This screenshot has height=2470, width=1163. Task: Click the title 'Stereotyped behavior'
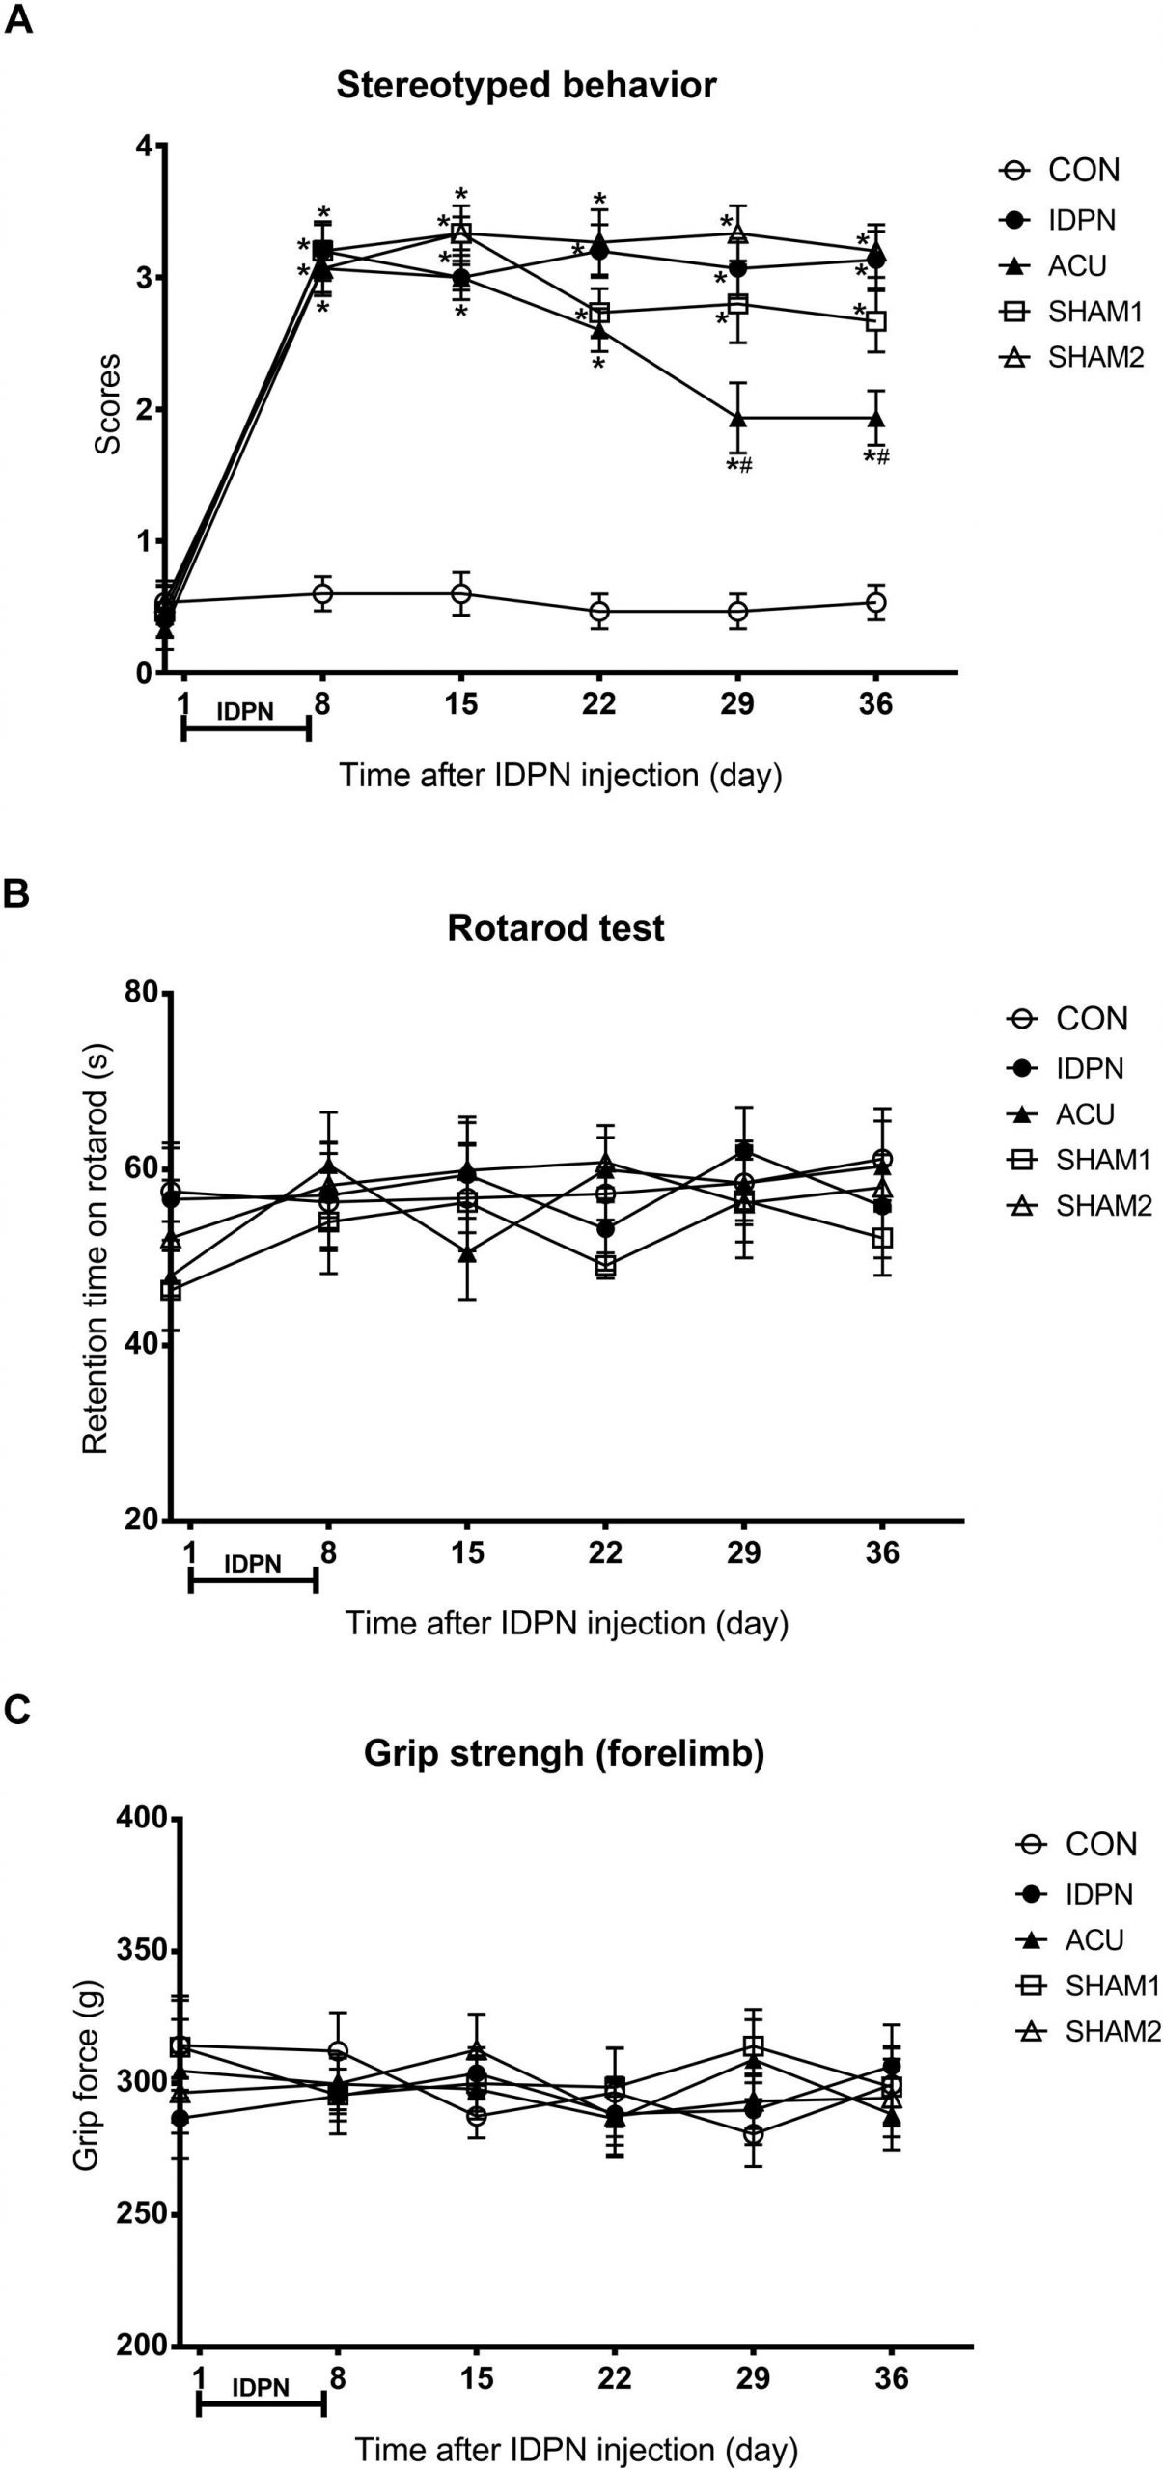[526, 86]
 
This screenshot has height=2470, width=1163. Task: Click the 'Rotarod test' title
[556, 928]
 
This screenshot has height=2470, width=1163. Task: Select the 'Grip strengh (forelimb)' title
[564, 1753]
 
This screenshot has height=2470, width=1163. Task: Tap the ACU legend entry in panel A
[1076, 265]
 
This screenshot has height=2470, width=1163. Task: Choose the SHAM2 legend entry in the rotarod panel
[1103, 1206]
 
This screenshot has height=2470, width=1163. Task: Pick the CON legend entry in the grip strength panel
[1100, 1845]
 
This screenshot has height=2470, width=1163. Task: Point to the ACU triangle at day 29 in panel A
[738, 419]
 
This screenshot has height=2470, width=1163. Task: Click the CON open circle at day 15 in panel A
[461, 593]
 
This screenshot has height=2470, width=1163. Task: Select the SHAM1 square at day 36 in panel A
[876, 320]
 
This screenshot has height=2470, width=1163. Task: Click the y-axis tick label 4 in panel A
[145, 147]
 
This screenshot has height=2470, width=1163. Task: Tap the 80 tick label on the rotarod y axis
[141, 993]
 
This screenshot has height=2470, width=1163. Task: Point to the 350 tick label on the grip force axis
[141, 1951]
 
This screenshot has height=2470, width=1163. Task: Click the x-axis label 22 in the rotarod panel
[605, 1552]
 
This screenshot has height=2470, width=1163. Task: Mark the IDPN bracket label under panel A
[245, 712]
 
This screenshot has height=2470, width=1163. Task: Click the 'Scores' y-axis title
[107, 404]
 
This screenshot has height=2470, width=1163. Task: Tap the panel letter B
[16, 894]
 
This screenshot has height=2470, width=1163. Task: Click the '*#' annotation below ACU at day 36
[876, 457]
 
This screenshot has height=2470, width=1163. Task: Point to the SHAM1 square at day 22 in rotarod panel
[605, 1264]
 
